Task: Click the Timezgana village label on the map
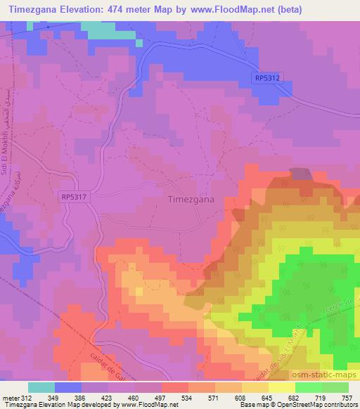191,199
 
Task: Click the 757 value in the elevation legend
347,398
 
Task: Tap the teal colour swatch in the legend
41,387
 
